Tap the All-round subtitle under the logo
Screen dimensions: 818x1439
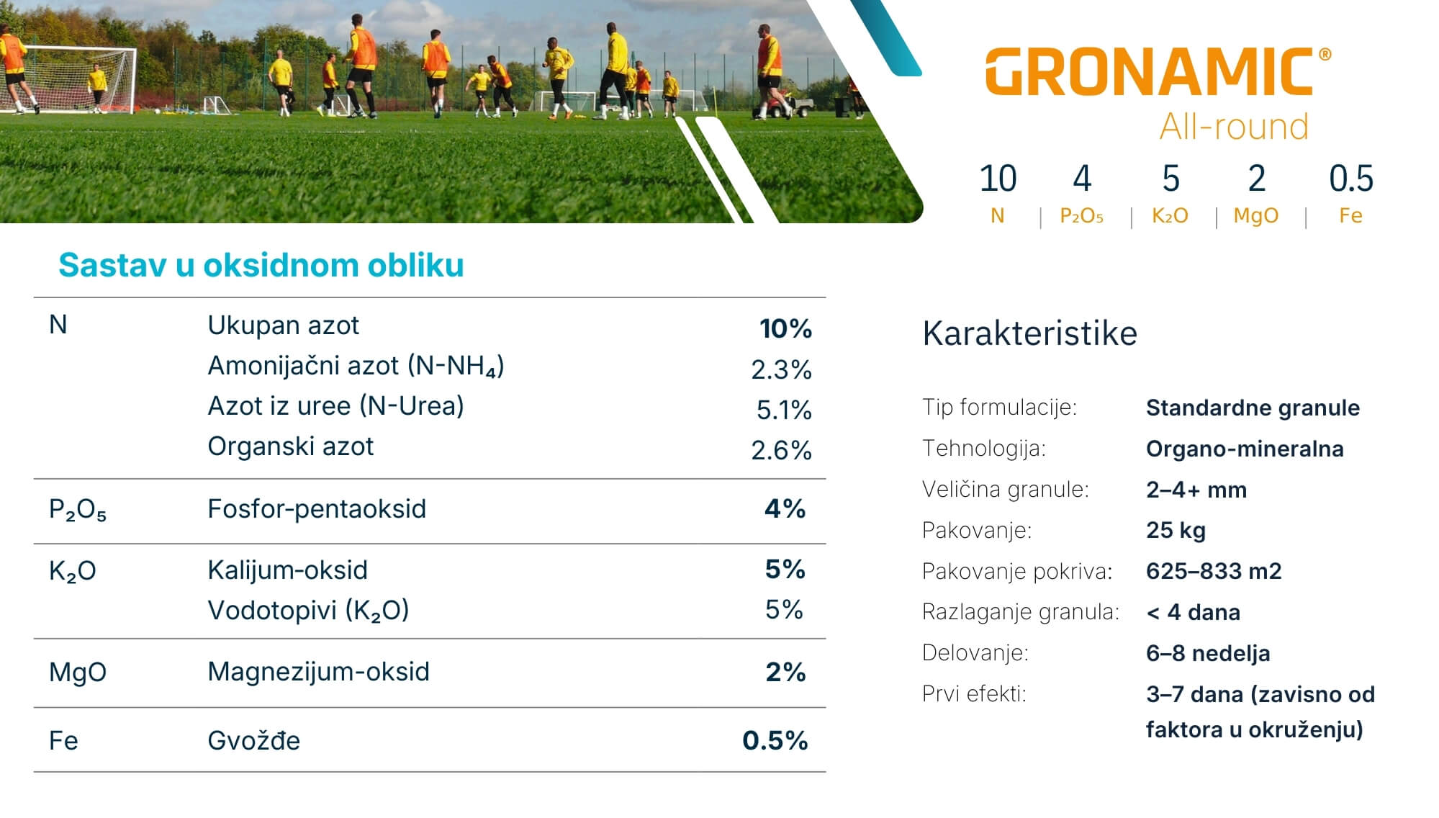[1234, 127]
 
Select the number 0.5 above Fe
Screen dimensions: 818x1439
[1350, 179]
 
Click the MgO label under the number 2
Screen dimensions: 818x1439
[1255, 216]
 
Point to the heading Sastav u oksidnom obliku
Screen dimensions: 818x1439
[261, 265]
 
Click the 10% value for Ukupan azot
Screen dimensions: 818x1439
[785, 328]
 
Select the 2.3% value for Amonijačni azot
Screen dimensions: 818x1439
[781, 369]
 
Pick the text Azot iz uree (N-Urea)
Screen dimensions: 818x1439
[335, 406]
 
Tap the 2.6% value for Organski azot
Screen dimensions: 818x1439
[781, 451]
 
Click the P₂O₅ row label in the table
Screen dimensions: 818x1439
[77, 510]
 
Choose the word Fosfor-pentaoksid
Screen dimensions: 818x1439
[317, 509]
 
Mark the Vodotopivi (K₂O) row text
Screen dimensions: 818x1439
[308, 611]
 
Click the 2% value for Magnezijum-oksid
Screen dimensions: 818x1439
[785, 672]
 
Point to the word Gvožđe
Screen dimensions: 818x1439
[253, 741]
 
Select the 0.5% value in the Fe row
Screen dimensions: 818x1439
[775, 740]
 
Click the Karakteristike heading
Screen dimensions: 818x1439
[1029, 333]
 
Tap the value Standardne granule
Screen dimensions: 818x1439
[1253, 408]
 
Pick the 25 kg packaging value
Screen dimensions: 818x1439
[1176, 531]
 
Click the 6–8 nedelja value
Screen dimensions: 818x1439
[1208, 653]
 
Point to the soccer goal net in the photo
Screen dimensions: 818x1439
[79, 78]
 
